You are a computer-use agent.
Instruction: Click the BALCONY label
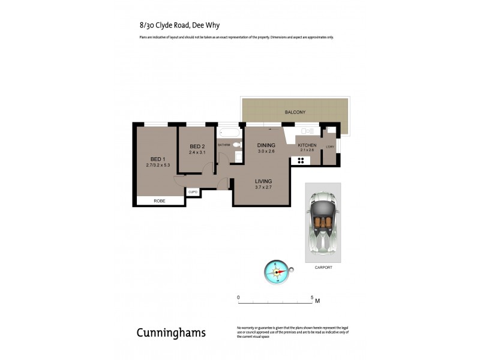(x=296, y=112)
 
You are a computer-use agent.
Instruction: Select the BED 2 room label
(x=197, y=147)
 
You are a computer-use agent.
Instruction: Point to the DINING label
(x=266, y=145)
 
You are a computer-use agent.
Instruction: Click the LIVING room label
(x=263, y=181)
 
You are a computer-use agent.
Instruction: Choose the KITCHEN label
(x=307, y=145)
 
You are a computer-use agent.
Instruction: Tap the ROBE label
(x=160, y=200)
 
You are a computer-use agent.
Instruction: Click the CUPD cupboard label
(x=193, y=192)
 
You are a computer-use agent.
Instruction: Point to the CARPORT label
(x=322, y=268)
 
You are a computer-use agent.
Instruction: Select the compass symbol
(x=277, y=272)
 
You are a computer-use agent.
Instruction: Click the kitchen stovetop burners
(x=298, y=160)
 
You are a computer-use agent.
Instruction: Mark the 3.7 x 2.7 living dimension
(x=263, y=188)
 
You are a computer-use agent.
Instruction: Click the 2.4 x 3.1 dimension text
(x=197, y=153)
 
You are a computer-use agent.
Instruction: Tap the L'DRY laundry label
(x=329, y=147)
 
